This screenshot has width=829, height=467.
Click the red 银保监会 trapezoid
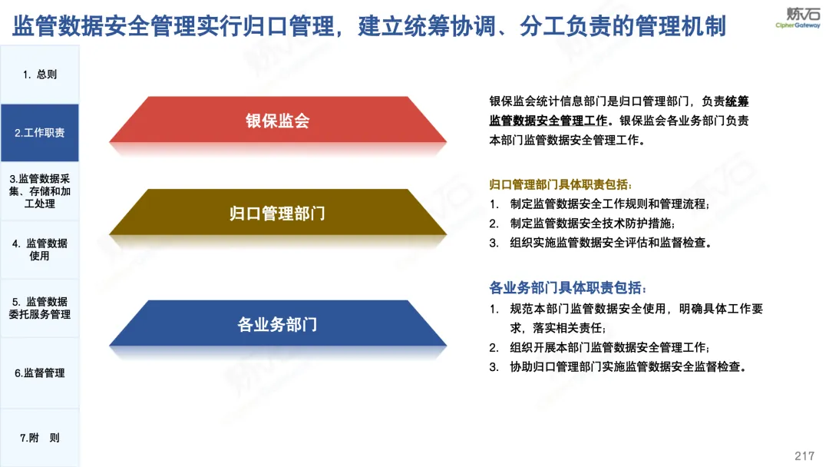pyautogui.click(x=278, y=120)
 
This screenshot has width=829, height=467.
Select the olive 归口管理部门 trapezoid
pyautogui.click(x=278, y=212)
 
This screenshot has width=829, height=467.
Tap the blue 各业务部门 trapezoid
pyautogui.click(x=278, y=323)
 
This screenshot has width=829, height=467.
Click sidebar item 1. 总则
pyautogui.click(x=40, y=75)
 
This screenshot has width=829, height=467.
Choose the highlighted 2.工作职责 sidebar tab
pyautogui.click(x=40, y=133)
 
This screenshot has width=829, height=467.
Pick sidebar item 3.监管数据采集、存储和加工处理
pyautogui.click(x=40, y=191)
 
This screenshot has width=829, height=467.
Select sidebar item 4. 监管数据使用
pyautogui.click(x=40, y=250)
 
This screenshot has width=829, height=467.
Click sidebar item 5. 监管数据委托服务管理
pyautogui.click(x=40, y=308)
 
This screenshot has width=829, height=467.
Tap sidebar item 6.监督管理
pyautogui.click(x=40, y=373)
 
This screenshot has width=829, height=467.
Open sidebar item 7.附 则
pyautogui.click(x=40, y=438)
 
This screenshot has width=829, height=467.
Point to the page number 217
pyautogui.click(x=804, y=456)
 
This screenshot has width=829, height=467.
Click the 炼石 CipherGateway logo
pyautogui.click(x=798, y=18)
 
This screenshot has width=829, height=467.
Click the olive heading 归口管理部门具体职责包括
pyautogui.click(x=560, y=184)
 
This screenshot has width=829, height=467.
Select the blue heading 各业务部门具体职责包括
pyautogui.click(x=567, y=288)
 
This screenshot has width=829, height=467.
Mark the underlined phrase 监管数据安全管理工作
pyautogui.click(x=548, y=121)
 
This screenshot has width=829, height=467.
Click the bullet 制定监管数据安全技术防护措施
pyautogui.click(x=592, y=224)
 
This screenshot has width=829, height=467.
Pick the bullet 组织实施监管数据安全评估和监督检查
pyautogui.click(x=611, y=243)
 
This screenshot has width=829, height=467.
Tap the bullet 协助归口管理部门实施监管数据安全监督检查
pyautogui.click(x=628, y=367)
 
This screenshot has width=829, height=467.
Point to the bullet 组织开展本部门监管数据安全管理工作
pyautogui.click(x=609, y=347)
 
